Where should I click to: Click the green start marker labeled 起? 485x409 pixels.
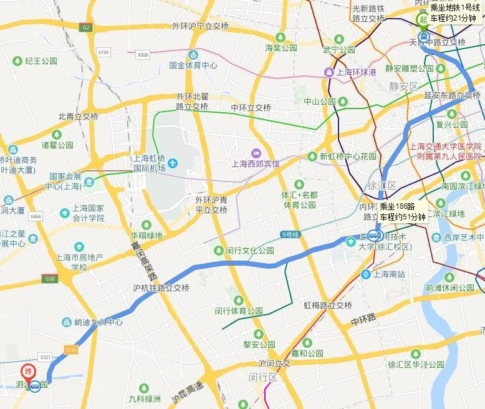(423, 19)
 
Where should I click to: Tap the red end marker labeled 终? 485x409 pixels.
(28, 370)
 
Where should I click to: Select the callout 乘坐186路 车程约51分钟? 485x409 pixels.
(402, 212)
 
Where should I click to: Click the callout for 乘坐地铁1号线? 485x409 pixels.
(456, 12)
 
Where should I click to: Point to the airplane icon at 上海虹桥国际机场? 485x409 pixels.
(173, 163)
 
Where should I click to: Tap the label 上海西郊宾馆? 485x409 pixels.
(256, 164)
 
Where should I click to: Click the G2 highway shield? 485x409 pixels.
(85, 27)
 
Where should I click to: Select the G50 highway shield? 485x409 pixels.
(49, 278)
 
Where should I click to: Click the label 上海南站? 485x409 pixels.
(388, 274)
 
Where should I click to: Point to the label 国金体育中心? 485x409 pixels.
(193, 65)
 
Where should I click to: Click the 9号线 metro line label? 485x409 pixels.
(291, 234)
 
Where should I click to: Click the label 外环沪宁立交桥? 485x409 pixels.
(201, 27)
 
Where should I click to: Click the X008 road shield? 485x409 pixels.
(143, 55)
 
